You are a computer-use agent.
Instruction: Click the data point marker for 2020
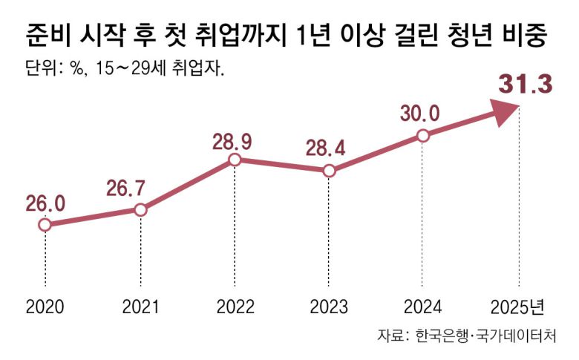click(45, 224)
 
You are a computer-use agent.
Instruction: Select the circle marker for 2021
click(140, 209)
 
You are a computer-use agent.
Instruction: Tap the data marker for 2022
click(235, 160)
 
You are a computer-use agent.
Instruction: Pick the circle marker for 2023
click(330, 171)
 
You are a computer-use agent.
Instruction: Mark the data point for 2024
click(422, 135)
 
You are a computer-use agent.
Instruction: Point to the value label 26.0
click(46, 201)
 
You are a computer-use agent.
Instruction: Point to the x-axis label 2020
click(45, 307)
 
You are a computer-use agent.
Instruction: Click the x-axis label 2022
click(235, 307)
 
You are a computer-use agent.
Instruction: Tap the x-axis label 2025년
click(519, 307)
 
